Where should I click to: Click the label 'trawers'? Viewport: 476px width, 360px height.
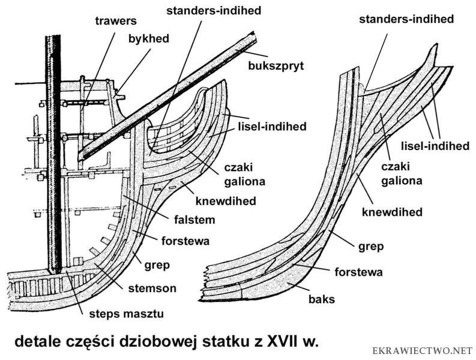pyautogui.click(x=115, y=21)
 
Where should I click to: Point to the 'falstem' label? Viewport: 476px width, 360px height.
pyautogui.click(x=196, y=220)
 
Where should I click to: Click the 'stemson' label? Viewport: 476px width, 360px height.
pyautogui.click(x=152, y=289)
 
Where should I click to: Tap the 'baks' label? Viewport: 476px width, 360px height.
pyautogui.click(x=323, y=298)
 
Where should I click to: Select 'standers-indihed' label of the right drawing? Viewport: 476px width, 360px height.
pyautogui.click(x=406, y=19)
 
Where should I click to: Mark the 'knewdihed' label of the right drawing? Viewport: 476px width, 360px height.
pyautogui.click(x=396, y=212)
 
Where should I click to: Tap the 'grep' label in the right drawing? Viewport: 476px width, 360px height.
pyautogui.click(x=370, y=246)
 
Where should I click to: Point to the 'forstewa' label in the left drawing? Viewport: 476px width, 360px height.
pyautogui.click(x=185, y=242)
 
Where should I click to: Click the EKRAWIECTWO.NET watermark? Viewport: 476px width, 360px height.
pyautogui.click(x=423, y=350)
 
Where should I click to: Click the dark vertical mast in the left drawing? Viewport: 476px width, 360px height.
pyautogui.click(x=54, y=150)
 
